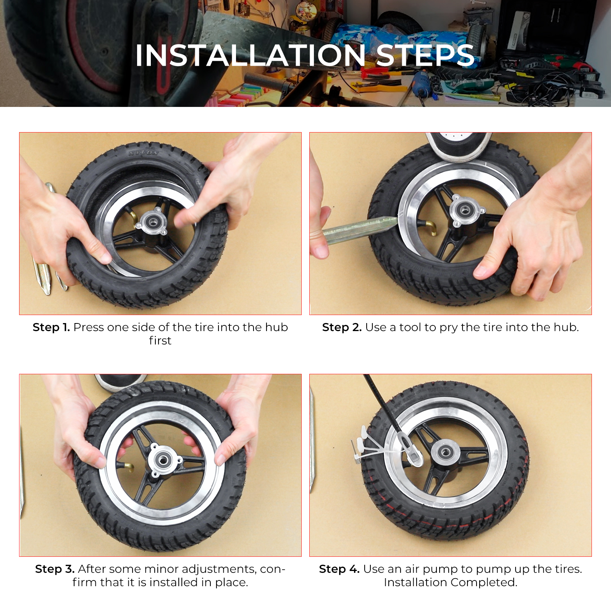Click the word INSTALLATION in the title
(250, 56)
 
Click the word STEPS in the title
(425, 56)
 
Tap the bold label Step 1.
(51, 328)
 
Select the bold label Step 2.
(342, 328)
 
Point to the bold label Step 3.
(55, 569)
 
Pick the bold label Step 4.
(339, 569)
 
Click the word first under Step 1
(160, 341)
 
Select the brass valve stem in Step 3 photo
(126, 466)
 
